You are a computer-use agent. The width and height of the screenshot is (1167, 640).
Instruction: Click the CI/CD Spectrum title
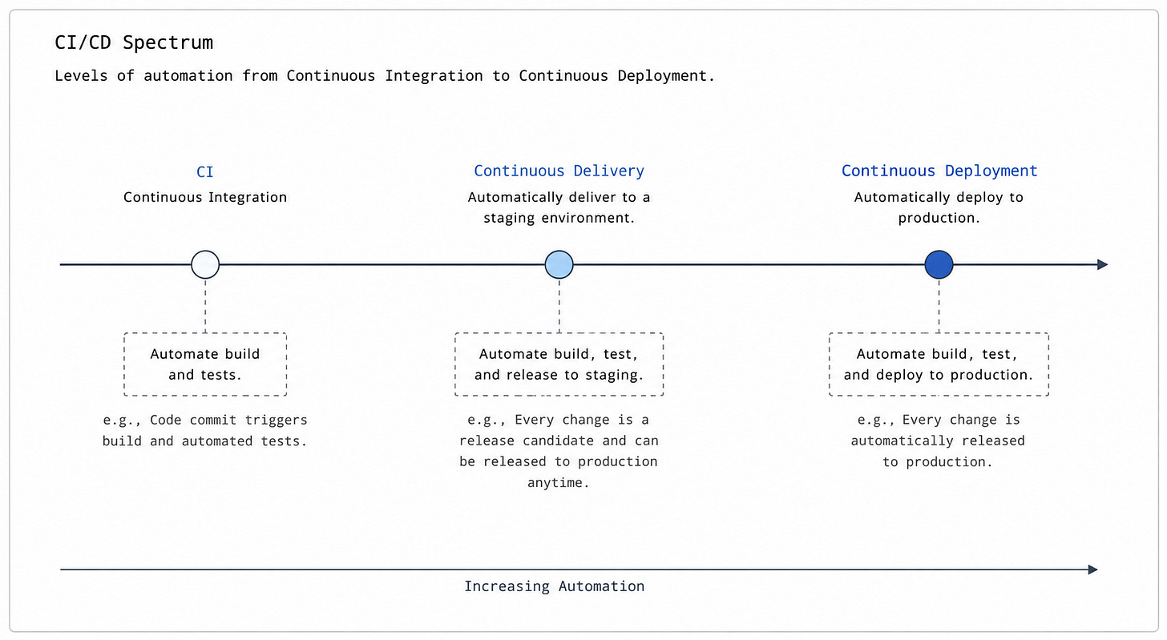click(134, 42)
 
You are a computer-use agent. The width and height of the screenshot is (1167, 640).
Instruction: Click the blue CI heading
click(204, 172)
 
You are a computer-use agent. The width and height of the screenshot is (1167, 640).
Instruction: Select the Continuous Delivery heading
click(559, 171)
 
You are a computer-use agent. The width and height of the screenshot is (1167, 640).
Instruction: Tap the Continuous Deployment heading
click(939, 171)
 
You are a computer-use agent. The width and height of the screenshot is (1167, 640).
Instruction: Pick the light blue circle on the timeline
click(559, 264)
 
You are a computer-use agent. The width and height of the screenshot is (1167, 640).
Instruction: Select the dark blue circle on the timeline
click(939, 264)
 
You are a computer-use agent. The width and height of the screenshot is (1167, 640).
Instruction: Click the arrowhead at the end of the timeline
click(1102, 264)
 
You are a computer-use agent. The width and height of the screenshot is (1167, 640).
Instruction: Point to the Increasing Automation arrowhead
click(1093, 570)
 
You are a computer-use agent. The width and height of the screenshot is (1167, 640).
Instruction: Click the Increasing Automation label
click(555, 586)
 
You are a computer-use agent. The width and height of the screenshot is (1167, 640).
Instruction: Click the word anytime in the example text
click(558, 483)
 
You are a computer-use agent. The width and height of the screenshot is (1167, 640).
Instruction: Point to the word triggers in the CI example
click(276, 421)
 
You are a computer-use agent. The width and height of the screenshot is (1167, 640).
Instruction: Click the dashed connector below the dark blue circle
click(939, 306)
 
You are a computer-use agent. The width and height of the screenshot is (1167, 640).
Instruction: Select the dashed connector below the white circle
click(205, 306)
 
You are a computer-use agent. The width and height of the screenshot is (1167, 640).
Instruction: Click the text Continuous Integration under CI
click(205, 197)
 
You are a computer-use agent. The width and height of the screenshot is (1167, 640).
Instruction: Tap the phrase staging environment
click(559, 218)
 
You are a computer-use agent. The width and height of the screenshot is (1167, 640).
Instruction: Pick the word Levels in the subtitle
click(81, 76)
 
